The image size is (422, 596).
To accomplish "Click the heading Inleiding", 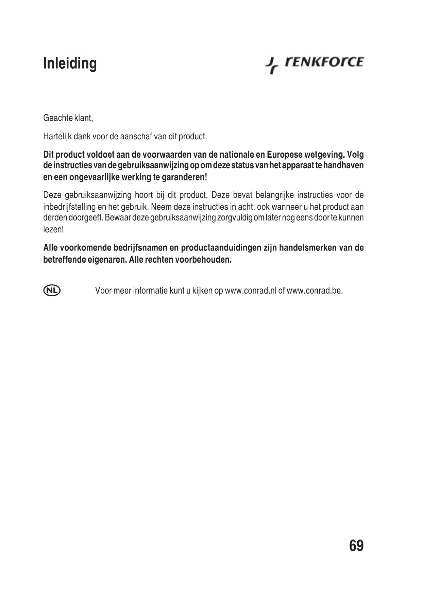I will point(70,64).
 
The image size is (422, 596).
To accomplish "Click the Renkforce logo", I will point(315,64).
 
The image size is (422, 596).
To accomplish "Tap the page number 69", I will point(356,546).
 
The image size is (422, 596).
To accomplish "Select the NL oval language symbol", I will point(52,291).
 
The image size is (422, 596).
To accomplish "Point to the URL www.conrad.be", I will point(314,291).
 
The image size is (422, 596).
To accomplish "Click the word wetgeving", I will point(325,155).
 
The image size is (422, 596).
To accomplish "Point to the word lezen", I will point(53,229).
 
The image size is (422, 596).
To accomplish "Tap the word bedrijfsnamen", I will point(142,248).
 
